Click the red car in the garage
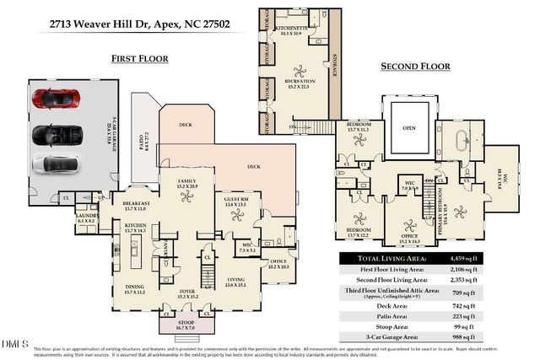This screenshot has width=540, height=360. point(51,99)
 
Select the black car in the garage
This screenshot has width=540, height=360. point(51,133)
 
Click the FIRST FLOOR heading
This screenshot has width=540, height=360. point(140,58)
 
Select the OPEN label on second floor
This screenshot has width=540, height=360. point(409,129)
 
